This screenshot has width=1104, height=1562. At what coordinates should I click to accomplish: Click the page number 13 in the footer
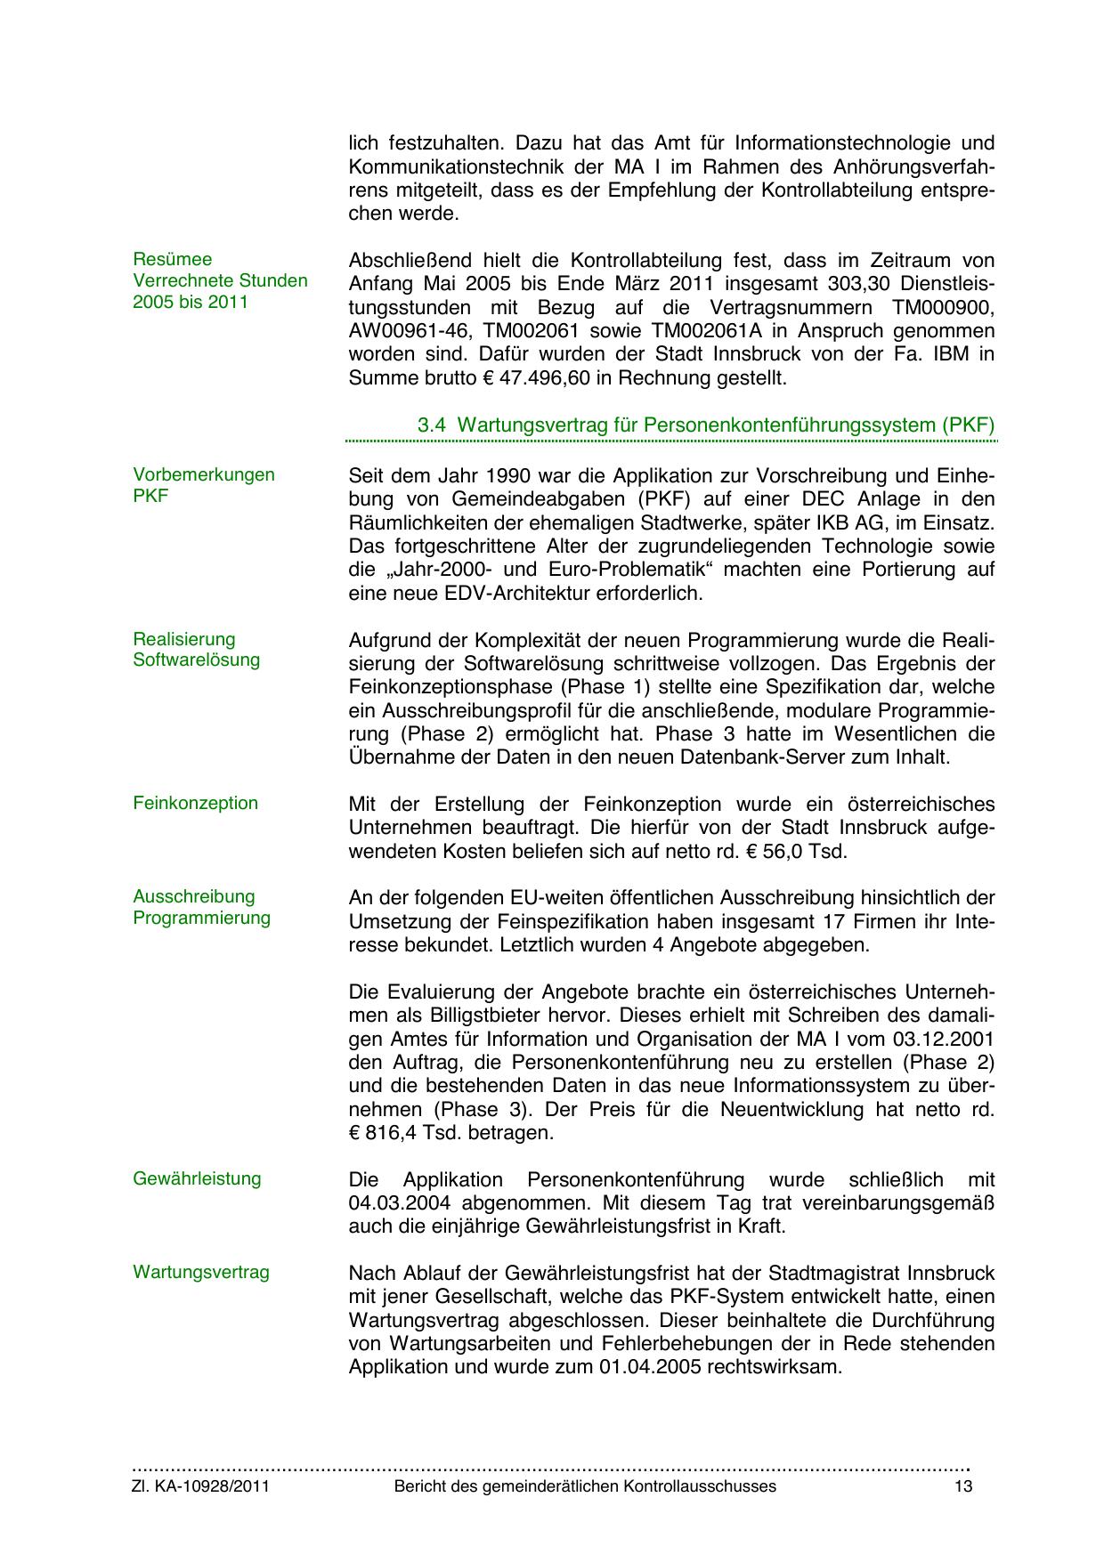pyautogui.click(x=962, y=1486)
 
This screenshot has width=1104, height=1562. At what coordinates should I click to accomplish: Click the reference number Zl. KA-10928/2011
pyautogui.click(x=201, y=1486)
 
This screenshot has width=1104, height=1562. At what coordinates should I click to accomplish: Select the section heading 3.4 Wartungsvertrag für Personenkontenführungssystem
pyautogui.click(x=705, y=425)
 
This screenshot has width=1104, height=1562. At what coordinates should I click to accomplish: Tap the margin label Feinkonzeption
pyautogui.click(x=195, y=803)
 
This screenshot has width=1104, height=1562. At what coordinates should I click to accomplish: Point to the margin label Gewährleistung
pyautogui.click(x=197, y=1178)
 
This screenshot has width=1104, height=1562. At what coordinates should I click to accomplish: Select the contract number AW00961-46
pyautogui.click(x=401, y=331)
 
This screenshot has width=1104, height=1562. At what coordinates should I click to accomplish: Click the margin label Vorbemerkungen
pyautogui.click(x=204, y=474)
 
